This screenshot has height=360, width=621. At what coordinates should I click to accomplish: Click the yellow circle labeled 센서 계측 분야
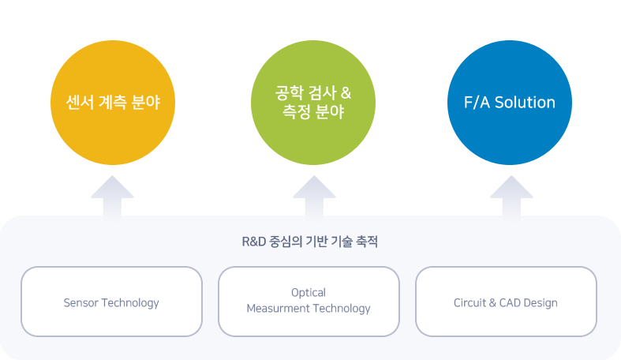(113, 103)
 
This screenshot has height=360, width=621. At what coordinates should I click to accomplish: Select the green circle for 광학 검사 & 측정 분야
(313, 103)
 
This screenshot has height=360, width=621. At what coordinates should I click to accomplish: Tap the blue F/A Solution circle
(510, 103)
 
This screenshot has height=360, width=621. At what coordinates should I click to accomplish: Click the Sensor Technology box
(112, 302)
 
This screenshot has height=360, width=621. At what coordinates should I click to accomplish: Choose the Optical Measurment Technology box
(309, 302)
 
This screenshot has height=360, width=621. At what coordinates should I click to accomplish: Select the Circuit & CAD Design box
(506, 302)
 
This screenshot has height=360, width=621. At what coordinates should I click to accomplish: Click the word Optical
(309, 293)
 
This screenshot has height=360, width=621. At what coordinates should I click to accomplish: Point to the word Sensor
(81, 303)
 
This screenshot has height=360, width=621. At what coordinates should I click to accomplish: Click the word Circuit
(470, 303)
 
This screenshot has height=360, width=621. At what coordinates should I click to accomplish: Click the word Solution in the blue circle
(526, 103)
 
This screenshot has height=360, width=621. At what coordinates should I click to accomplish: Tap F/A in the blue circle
(477, 103)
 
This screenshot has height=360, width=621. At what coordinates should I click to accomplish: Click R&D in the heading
(254, 242)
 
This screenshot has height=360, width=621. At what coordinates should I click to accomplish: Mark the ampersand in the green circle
(346, 93)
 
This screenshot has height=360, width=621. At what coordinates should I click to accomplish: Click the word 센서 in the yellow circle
(80, 103)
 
